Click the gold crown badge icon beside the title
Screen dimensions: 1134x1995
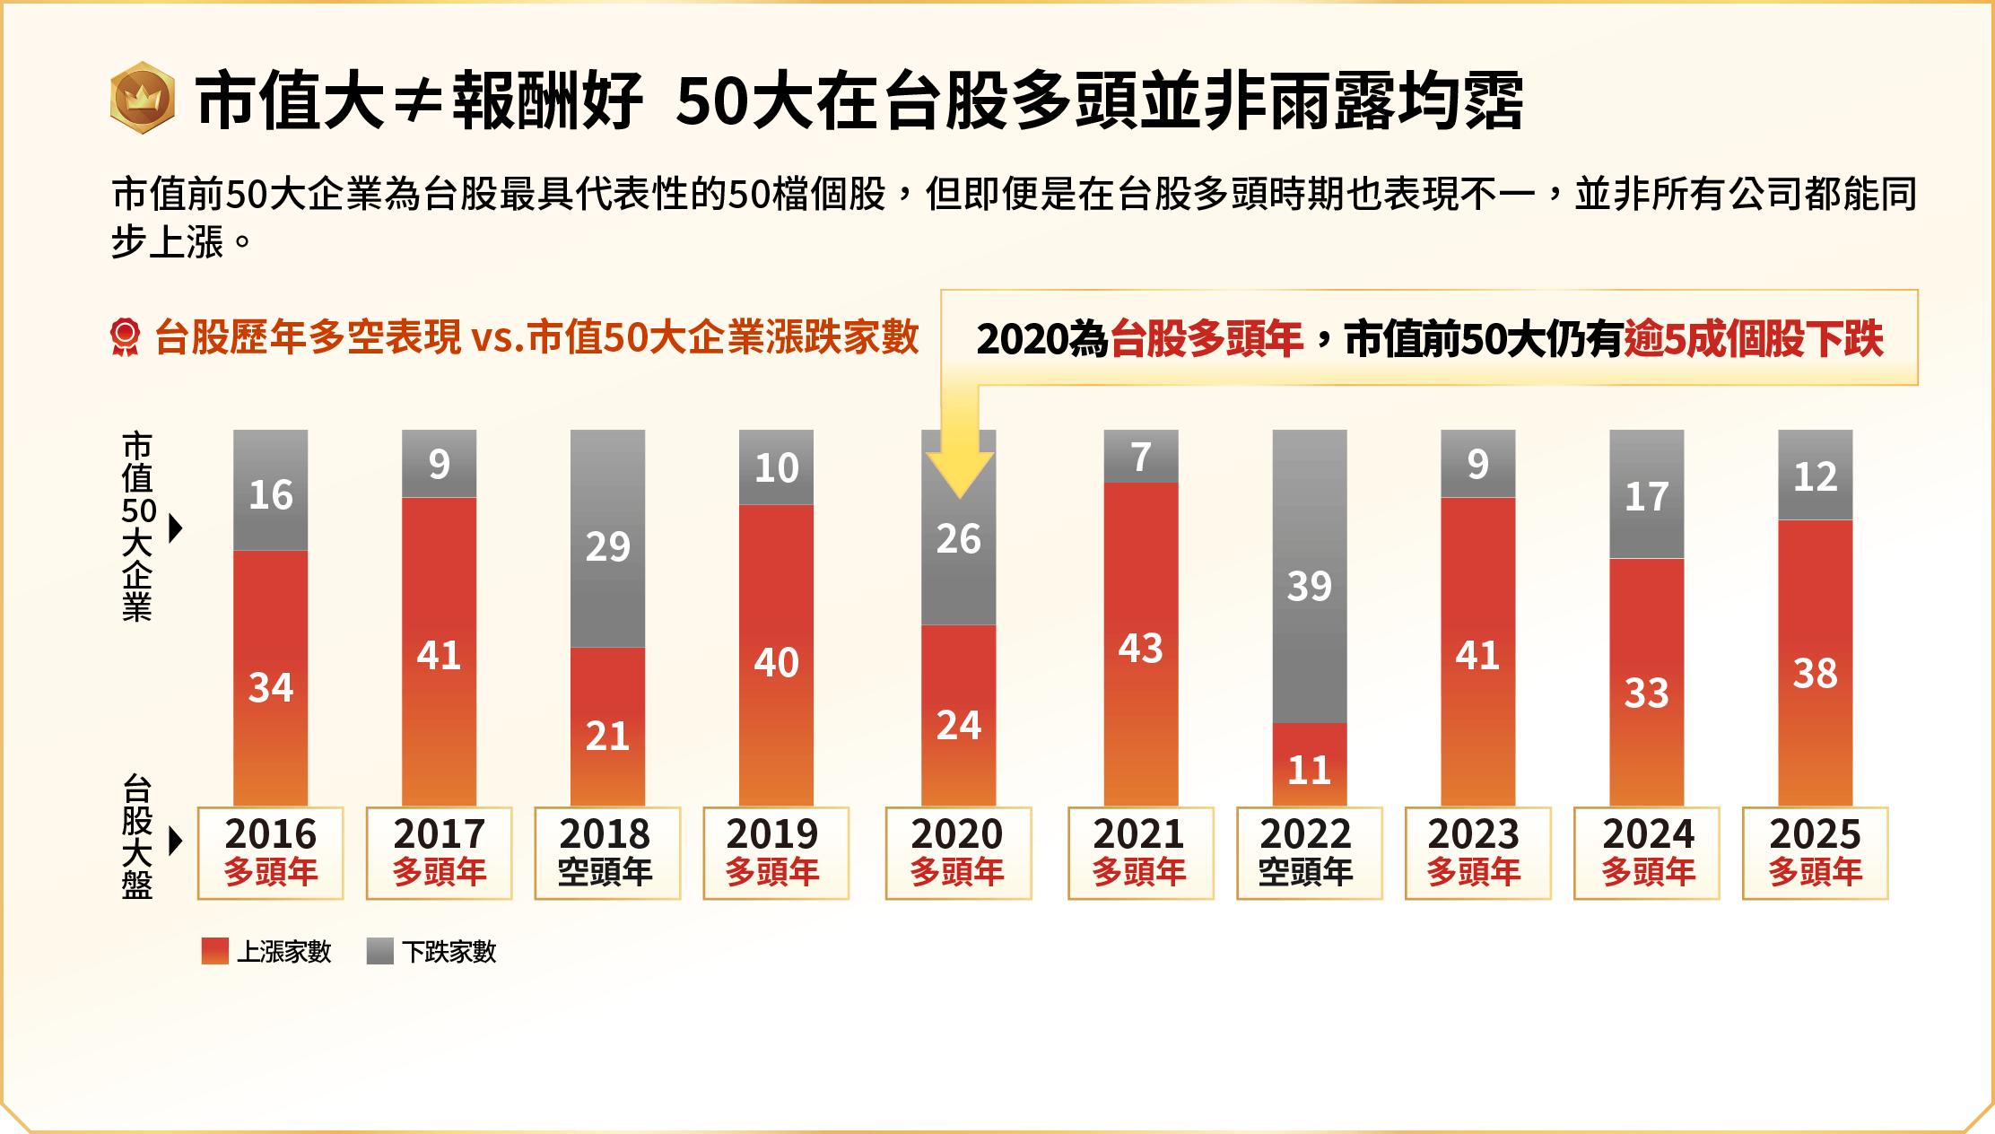pos(142,98)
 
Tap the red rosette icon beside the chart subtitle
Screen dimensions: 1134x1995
pos(126,337)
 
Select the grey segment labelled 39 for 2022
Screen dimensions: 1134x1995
pos(1309,576)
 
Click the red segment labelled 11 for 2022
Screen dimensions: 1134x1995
pos(1309,764)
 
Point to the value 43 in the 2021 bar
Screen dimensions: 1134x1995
pos(1140,649)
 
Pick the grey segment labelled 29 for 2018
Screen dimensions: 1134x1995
pos(607,538)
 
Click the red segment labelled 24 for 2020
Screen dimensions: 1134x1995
pos(958,715)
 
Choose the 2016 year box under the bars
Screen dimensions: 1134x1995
pos(270,853)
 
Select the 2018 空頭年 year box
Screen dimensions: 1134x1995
pos(607,853)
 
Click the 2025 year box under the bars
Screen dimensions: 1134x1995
pos(1815,853)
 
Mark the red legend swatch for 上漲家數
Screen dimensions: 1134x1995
pos(215,951)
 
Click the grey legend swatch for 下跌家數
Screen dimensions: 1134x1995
pos(380,951)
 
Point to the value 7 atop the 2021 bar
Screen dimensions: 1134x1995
pos(1140,457)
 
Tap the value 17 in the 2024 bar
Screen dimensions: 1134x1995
pos(1646,496)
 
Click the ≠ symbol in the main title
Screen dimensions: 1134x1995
pos(418,101)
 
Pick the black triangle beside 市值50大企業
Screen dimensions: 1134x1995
pos(176,528)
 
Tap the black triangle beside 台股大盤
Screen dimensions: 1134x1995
pos(176,841)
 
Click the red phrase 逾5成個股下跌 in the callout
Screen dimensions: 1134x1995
pos(1753,339)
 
